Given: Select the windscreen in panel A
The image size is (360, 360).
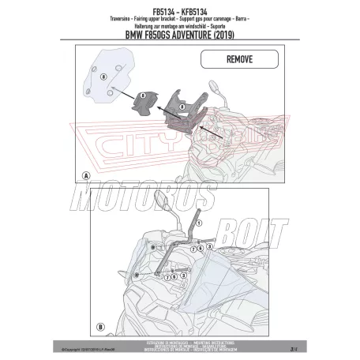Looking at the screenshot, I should point(109,74).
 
